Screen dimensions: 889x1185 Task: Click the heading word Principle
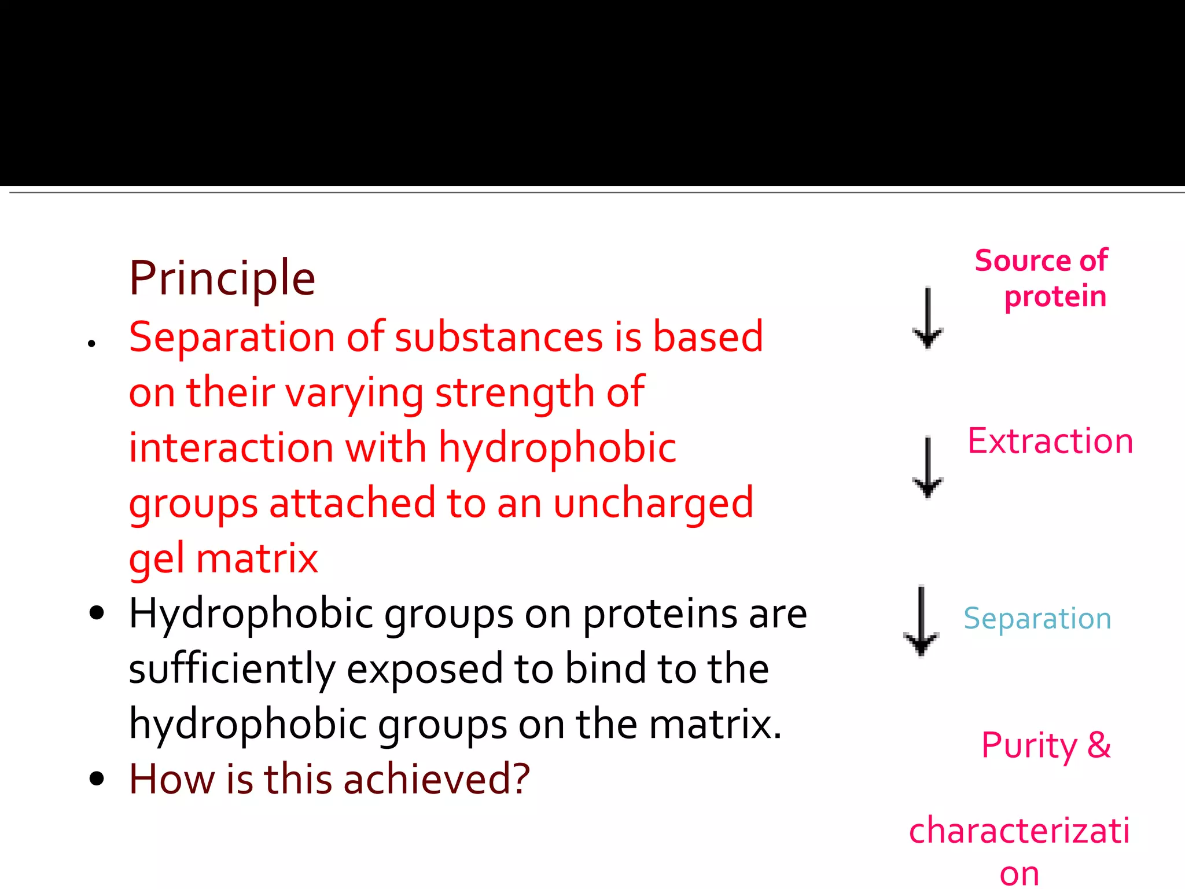(x=222, y=279)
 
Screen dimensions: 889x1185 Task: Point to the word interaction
(x=231, y=447)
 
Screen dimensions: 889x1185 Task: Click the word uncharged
(x=653, y=503)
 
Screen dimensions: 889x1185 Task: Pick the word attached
(x=352, y=503)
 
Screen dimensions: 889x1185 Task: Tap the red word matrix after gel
(x=257, y=559)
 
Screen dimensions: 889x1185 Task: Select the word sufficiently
(x=232, y=670)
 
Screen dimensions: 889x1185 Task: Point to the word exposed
(x=425, y=670)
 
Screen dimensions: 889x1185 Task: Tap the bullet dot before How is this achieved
(x=97, y=779)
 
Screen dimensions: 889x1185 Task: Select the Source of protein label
(x=1042, y=278)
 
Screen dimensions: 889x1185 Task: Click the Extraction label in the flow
(x=1050, y=441)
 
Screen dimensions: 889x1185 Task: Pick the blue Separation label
(x=1037, y=618)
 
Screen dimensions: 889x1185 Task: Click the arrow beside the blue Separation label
(x=921, y=620)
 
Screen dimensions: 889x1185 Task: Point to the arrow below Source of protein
(x=928, y=318)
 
